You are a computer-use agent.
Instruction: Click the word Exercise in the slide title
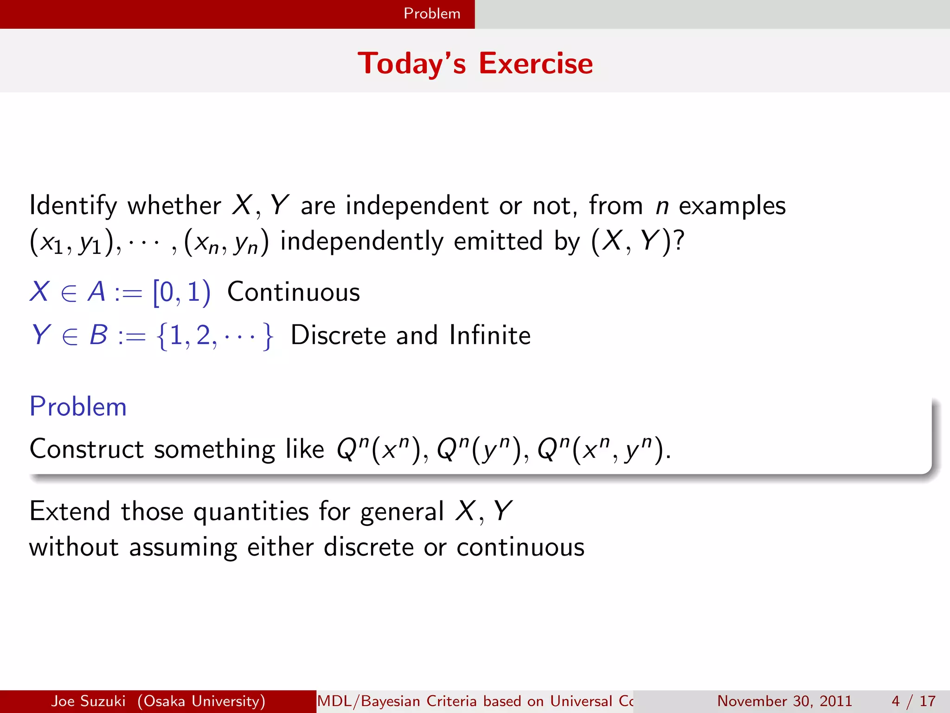tap(535, 63)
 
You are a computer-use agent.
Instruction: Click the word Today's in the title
tap(411, 63)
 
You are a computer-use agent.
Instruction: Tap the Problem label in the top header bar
tap(431, 13)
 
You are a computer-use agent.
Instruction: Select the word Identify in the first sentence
tap(73, 206)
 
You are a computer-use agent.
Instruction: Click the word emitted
tap(498, 241)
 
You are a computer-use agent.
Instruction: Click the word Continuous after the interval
tap(293, 292)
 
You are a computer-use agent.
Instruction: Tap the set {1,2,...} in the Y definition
tap(215, 336)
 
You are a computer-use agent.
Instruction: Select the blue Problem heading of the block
tap(78, 407)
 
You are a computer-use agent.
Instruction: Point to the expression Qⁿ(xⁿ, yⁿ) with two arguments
tap(603, 449)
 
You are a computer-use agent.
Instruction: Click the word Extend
tap(70, 512)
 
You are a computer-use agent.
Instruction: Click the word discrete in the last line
tap(368, 547)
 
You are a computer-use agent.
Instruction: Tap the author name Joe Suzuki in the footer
tap(88, 701)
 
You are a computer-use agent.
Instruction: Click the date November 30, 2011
tap(784, 701)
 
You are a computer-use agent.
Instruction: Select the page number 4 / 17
tap(913, 701)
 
